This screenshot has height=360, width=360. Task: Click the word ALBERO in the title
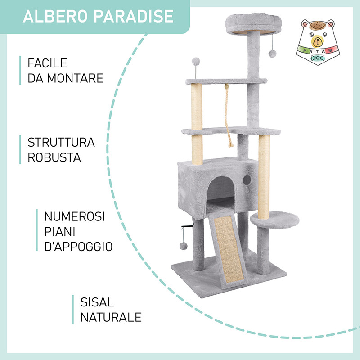click(55, 16)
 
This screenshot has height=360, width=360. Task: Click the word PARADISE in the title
click(133, 16)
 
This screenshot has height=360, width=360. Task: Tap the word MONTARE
click(75, 78)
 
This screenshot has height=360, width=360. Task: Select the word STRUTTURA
click(61, 142)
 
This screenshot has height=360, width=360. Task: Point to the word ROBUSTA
click(54, 157)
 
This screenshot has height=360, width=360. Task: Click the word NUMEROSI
click(75, 216)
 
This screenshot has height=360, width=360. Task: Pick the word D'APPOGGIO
click(78, 247)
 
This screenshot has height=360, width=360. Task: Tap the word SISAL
click(97, 302)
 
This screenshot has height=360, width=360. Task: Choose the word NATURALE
click(111, 317)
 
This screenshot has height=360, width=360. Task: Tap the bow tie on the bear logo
click(318, 58)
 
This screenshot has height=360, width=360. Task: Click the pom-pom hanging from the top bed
click(273, 54)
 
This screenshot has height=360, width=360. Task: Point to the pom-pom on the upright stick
click(196, 61)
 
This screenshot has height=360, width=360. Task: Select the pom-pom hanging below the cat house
click(183, 246)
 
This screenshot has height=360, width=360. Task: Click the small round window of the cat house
click(247, 180)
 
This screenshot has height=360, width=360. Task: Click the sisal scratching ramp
click(229, 250)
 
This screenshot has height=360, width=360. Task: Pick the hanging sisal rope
click(228, 116)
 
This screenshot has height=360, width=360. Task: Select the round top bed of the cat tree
click(253, 24)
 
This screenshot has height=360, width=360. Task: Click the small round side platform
click(275, 220)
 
